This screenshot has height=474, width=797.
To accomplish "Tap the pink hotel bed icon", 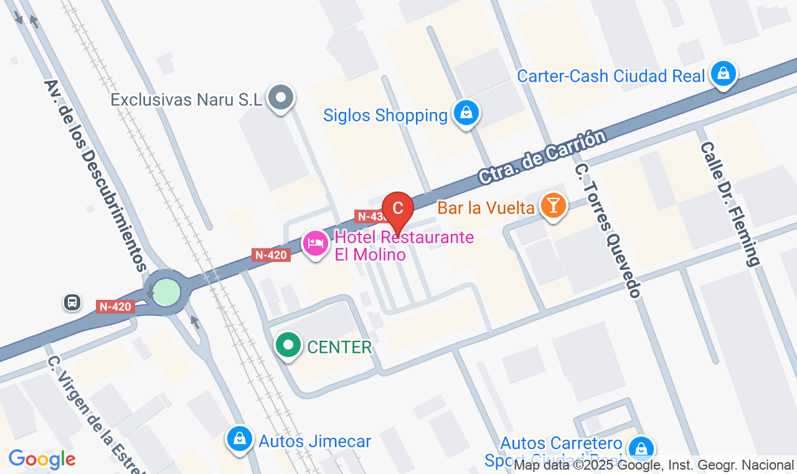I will tap(316, 243).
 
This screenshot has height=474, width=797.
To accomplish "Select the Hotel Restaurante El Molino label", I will tap(404, 246).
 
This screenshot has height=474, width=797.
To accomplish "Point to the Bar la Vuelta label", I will tap(486, 207).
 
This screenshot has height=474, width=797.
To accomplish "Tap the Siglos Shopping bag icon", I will tap(466, 113).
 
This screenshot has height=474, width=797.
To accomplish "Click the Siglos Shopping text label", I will tap(385, 116).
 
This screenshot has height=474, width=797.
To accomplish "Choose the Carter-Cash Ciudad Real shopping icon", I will tap(723, 73).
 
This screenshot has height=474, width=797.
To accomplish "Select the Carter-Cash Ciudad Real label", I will tap(611, 77).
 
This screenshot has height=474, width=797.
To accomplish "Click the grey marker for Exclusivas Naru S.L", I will tap(281, 97).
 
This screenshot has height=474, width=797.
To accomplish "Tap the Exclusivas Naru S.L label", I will tap(186, 100).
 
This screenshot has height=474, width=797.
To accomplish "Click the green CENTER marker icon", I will tap(288, 345).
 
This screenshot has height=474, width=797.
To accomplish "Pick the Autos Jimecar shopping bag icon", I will tap(239, 439).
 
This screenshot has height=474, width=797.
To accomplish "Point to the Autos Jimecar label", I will tap(315, 442).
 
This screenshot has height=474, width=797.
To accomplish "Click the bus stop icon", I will tap(72, 303).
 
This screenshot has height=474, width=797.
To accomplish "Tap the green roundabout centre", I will tap(166, 292).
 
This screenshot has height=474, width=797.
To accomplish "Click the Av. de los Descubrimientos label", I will tap(95, 175).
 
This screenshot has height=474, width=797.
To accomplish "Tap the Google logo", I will tap(42, 460).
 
